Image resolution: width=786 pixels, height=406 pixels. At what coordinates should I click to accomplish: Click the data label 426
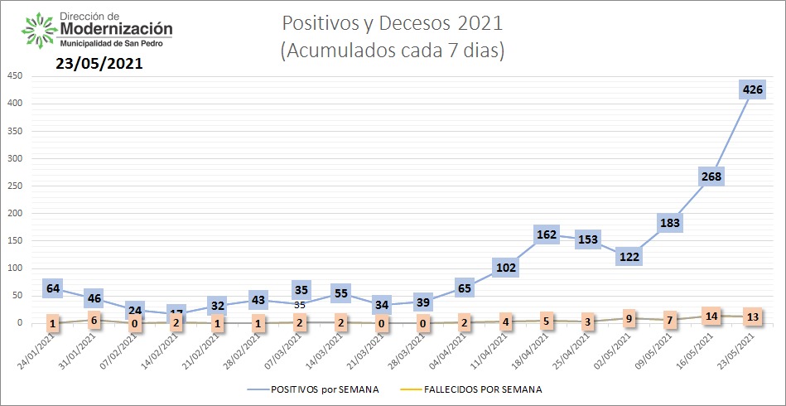753,89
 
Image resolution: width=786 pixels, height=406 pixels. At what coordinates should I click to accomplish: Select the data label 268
711,176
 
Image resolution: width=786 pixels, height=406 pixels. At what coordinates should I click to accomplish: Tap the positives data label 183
669,223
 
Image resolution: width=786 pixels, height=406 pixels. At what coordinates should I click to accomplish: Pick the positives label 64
53,288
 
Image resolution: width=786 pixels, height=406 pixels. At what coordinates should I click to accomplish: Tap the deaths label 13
753,316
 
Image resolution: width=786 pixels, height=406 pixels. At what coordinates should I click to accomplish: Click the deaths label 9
629,318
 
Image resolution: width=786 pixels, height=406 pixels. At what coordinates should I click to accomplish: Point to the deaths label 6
94,320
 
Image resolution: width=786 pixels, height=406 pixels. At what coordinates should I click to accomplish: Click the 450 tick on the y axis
14,75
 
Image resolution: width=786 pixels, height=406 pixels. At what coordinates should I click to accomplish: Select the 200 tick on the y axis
14,213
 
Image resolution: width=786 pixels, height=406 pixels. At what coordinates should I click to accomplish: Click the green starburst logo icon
39,31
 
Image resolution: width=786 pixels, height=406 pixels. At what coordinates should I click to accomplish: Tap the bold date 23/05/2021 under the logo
99,63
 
